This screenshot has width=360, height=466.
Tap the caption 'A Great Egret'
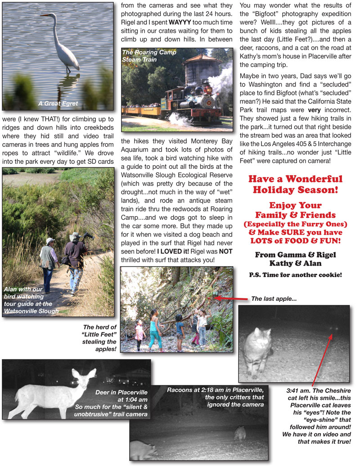click(58, 103)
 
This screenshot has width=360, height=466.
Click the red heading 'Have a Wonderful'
click(295, 179)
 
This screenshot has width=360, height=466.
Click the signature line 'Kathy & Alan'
click(295, 263)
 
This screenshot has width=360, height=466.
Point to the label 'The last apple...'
click(274, 299)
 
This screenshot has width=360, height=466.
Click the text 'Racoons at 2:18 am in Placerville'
click(217, 389)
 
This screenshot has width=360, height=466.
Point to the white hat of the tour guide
click(50, 241)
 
